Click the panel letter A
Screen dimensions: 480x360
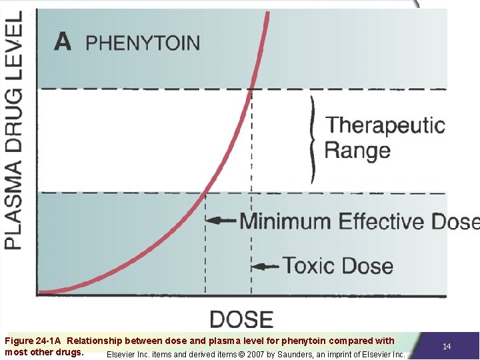pyautogui.click(x=63, y=41)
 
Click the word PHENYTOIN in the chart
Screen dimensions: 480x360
pyautogui.click(x=143, y=43)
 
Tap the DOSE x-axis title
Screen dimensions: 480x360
pyautogui.click(x=241, y=319)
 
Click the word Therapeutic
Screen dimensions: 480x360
pyautogui.click(x=385, y=125)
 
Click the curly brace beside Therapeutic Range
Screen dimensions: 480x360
pyautogui.click(x=312, y=139)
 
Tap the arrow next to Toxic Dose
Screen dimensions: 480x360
pyautogui.click(x=266, y=266)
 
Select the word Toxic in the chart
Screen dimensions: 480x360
pyautogui.click(x=308, y=265)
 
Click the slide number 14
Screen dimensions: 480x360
pyautogui.click(x=447, y=346)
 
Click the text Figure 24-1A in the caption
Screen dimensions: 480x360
pyautogui.click(x=33, y=341)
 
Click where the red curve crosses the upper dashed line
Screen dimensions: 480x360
pyautogui.click(x=251, y=89)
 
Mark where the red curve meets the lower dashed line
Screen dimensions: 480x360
pyautogui.click(x=205, y=193)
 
